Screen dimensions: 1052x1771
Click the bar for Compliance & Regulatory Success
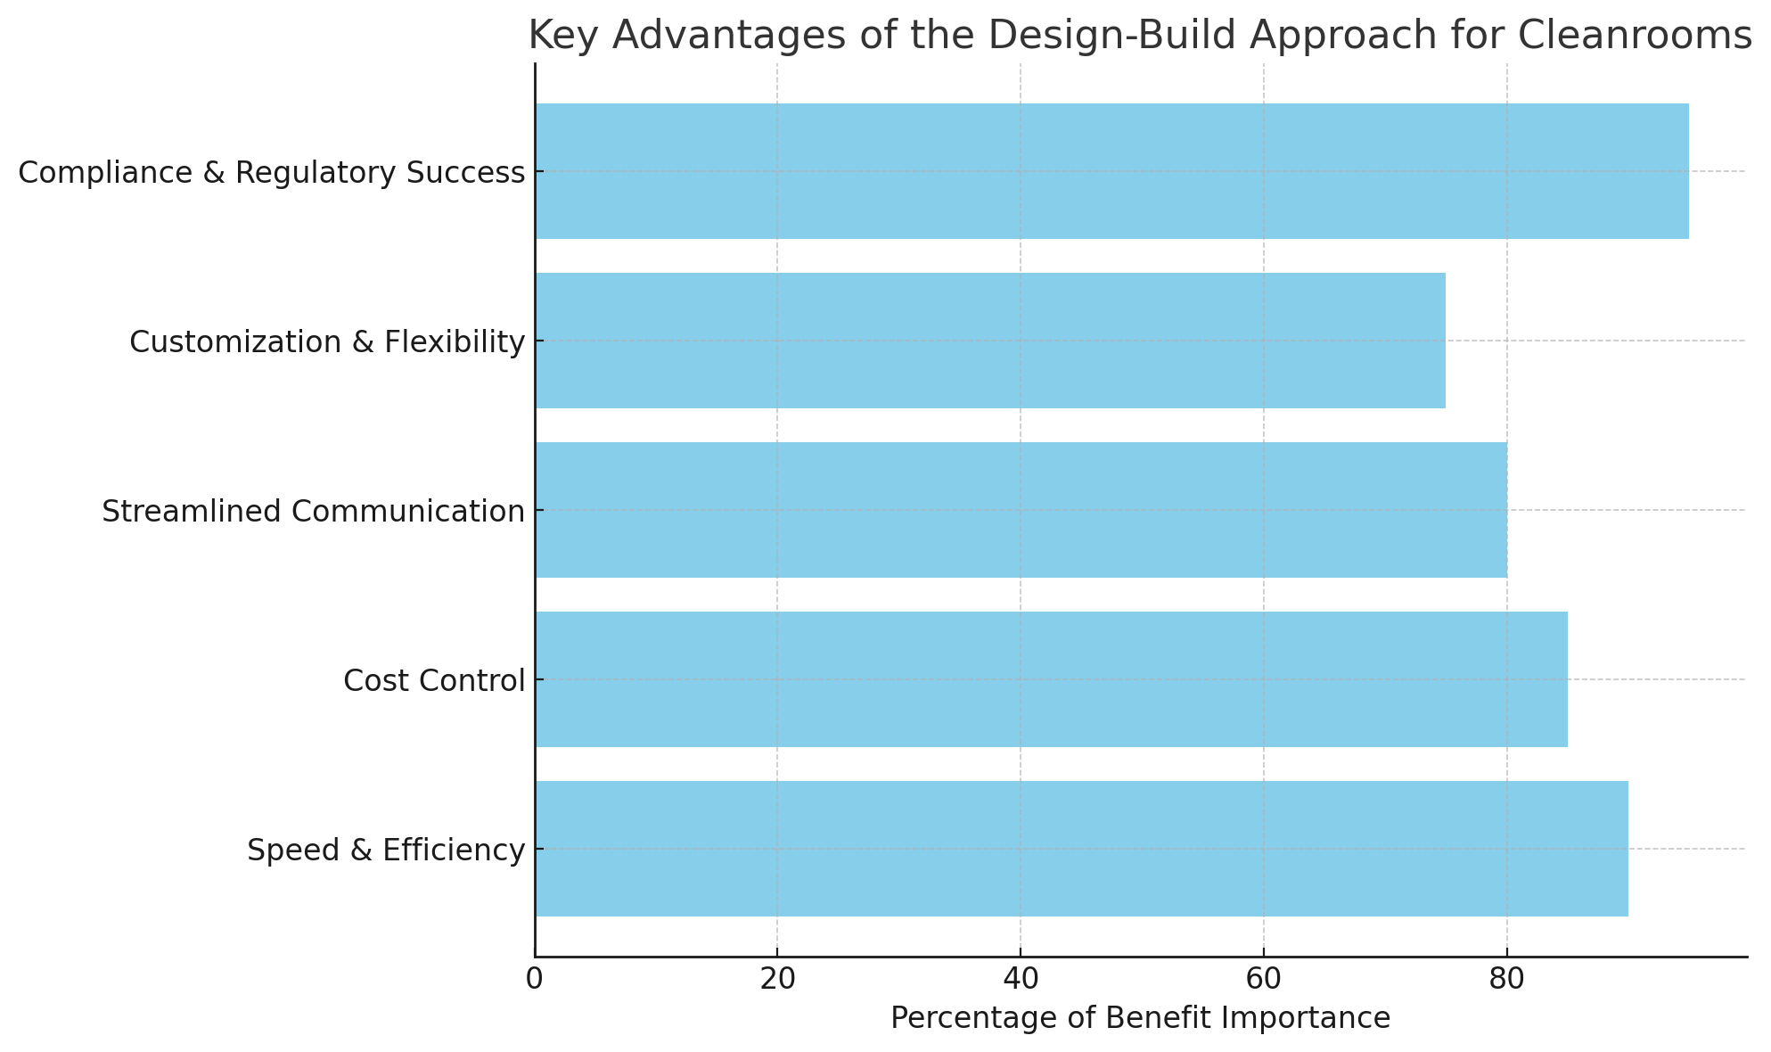click(1111, 171)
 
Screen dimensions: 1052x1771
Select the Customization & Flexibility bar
click(989, 341)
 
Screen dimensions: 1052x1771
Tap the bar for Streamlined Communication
click(1021, 510)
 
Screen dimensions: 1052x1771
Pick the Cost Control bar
click(1051, 679)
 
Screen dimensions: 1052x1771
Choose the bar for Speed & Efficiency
click(1081, 849)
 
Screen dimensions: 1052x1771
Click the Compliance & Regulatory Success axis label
click(272, 173)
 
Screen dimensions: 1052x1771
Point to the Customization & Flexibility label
click(327, 342)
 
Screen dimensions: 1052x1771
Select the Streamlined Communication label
click(313, 512)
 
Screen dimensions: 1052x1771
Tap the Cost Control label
click(434, 681)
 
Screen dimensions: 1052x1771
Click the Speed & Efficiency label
click(386, 851)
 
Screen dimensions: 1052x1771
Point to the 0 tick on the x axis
click(535, 979)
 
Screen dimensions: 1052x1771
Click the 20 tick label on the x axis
click(777, 979)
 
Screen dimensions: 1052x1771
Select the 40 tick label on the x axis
click(1021, 979)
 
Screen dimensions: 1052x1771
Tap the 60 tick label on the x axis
click(1263, 979)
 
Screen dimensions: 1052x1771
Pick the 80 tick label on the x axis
click(1506, 979)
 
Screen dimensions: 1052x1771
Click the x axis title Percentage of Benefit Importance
click(1140, 1018)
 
